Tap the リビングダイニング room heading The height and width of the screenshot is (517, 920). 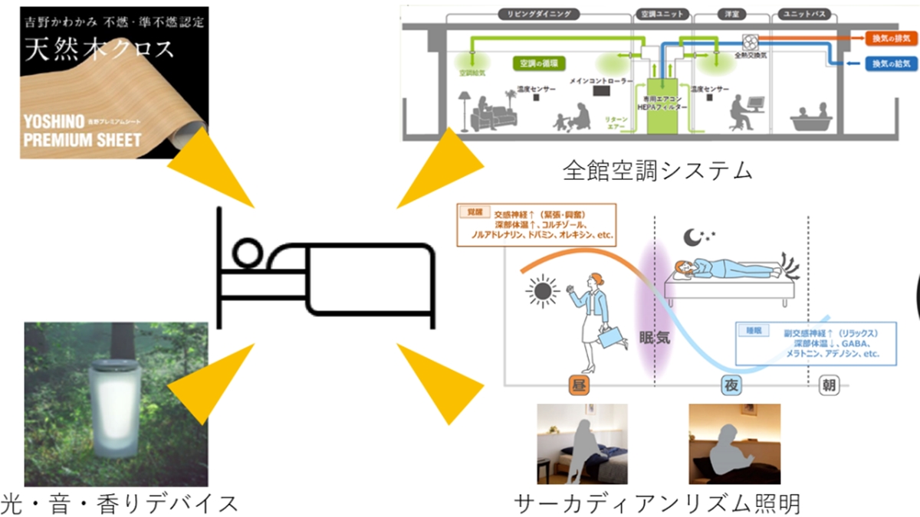point(537,15)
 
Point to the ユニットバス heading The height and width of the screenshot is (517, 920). point(802,15)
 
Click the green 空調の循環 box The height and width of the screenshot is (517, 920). point(537,65)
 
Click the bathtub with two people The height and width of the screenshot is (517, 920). point(813,116)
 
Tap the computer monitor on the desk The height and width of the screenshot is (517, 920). point(756,103)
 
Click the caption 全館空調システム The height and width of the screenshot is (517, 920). point(657,169)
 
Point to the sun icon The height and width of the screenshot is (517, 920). point(542,291)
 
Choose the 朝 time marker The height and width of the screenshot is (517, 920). point(828,385)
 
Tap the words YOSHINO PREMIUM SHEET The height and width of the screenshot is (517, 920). point(81,131)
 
